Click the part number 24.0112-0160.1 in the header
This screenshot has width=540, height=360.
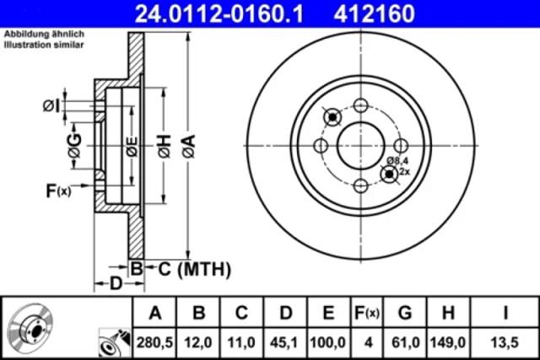click(219, 13)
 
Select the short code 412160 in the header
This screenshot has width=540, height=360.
click(374, 13)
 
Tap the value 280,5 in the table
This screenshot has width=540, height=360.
click(155, 342)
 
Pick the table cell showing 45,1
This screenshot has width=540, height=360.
click(285, 342)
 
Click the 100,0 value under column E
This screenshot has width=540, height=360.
click(328, 342)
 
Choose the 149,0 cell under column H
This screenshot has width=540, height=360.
click(448, 342)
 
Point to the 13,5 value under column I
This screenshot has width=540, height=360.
click(505, 342)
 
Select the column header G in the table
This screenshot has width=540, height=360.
click(405, 313)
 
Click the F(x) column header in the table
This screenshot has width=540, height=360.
click(367, 313)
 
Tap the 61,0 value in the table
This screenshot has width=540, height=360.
click(405, 342)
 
